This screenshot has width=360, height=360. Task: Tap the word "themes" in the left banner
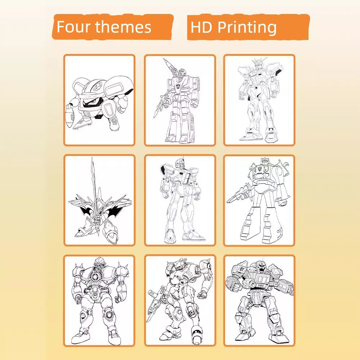123,27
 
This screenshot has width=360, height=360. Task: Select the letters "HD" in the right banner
201,27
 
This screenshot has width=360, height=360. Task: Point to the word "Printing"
247,28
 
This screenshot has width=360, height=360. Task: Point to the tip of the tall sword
92,158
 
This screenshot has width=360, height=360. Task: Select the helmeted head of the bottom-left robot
99,263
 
